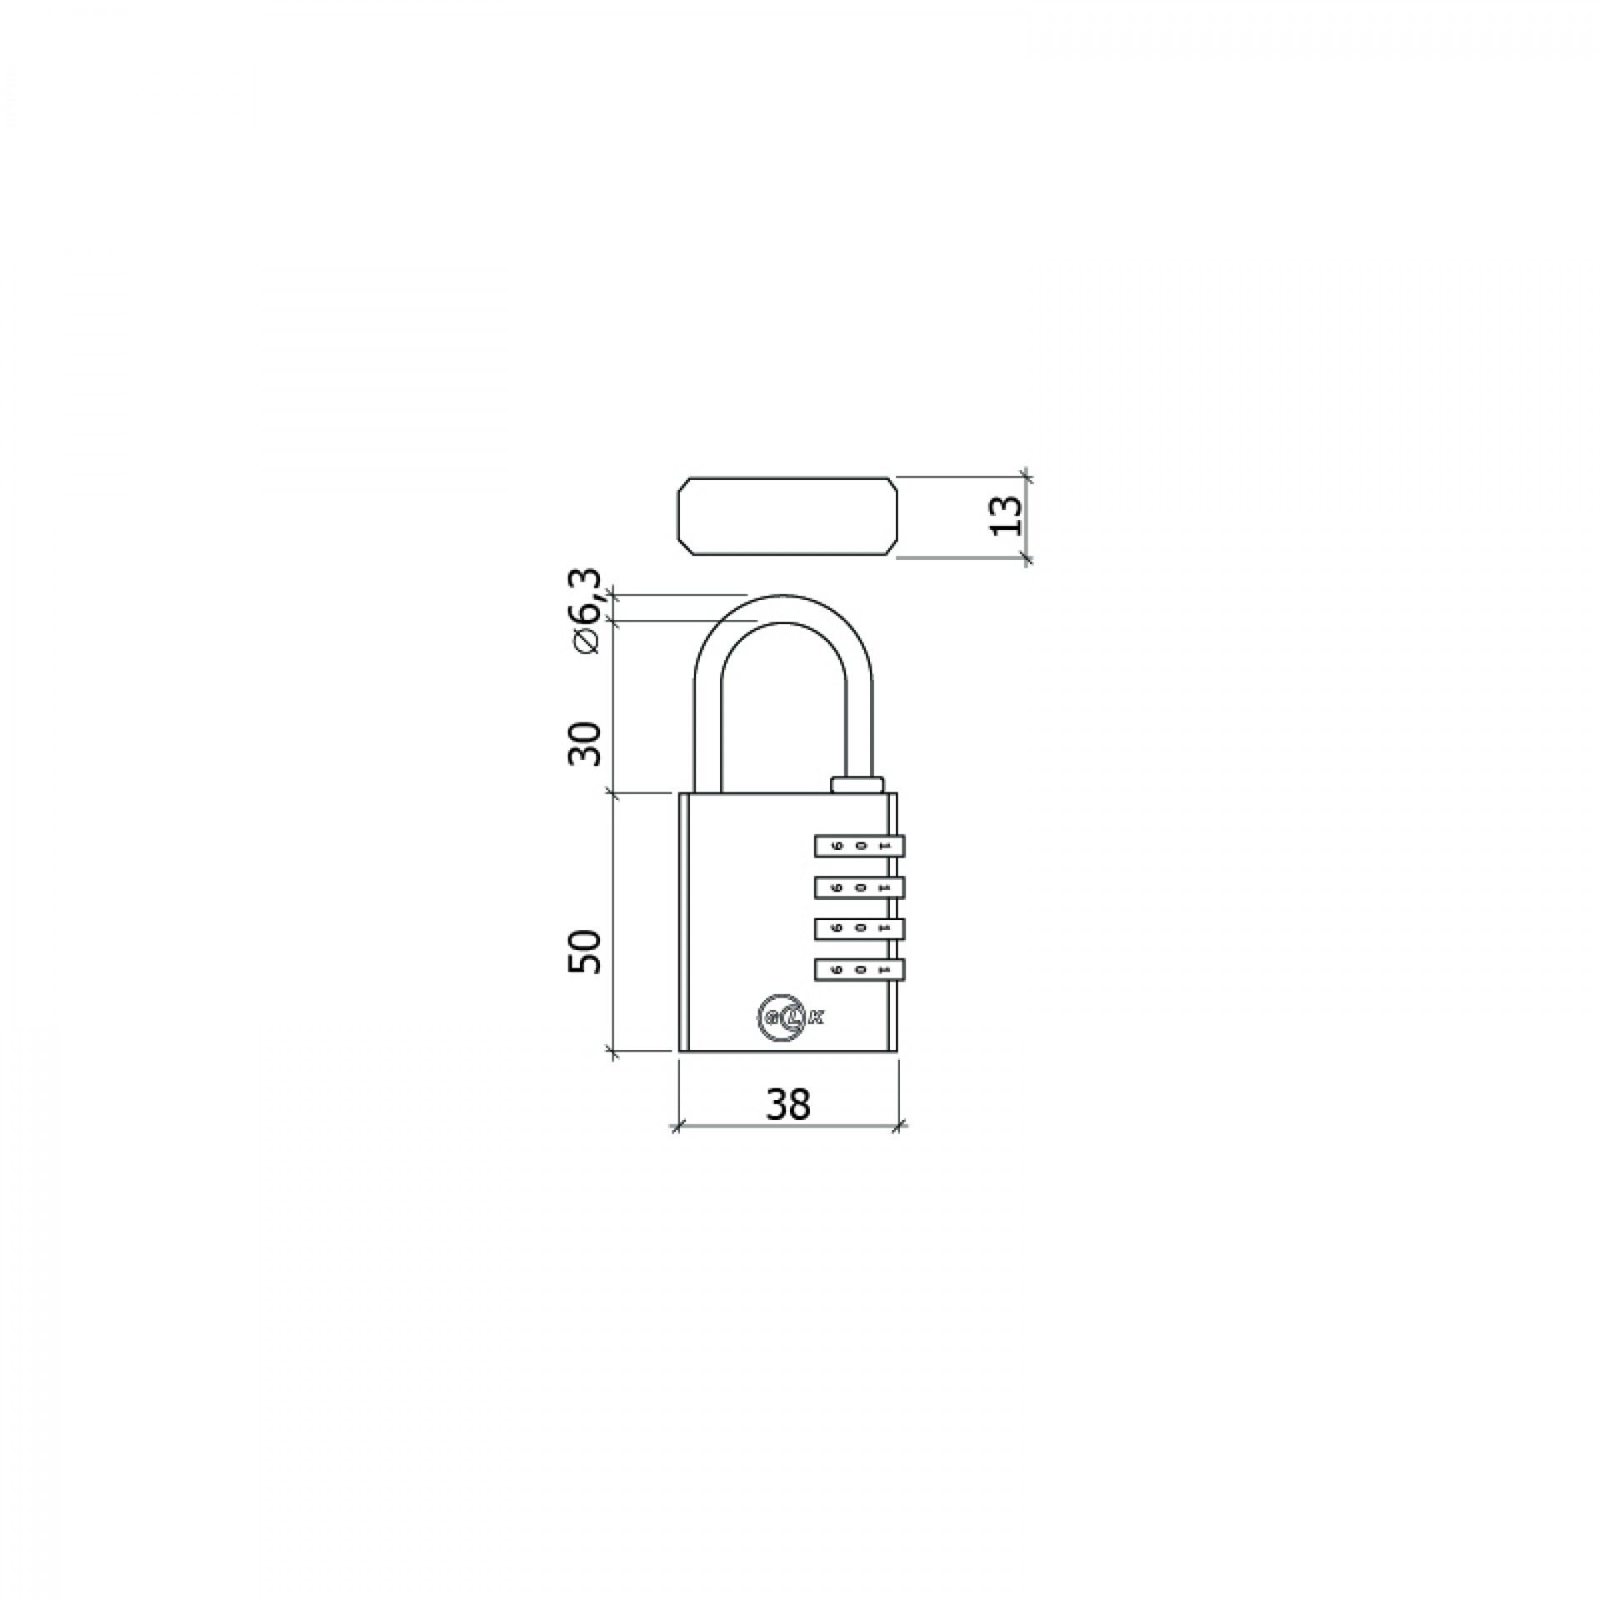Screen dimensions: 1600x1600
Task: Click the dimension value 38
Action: (x=787, y=1104)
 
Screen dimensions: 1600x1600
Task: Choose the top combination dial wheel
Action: (x=858, y=846)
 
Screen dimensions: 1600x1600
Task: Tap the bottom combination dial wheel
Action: (x=858, y=969)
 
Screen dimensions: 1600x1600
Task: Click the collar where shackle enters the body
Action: (x=857, y=783)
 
